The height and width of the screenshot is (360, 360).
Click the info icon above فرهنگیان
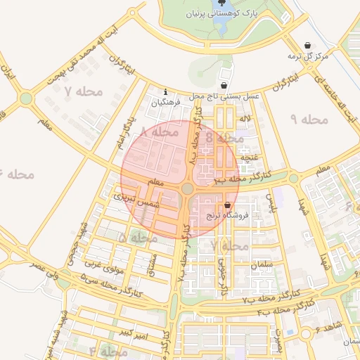pyautogui.click(x=165, y=91)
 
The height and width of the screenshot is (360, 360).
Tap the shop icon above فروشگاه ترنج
pyautogui.click(x=227, y=205)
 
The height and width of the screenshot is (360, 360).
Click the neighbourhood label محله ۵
pyautogui.click(x=132, y=238)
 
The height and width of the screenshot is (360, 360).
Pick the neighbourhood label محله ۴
pyautogui.click(x=103, y=350)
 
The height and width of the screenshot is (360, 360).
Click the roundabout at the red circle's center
pyautogui.click(x=187, y=188)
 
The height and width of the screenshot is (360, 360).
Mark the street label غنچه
pyautogui.click(x=250, y=157)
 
